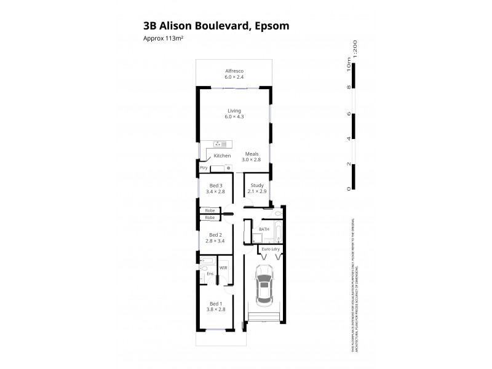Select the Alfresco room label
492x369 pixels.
tap(234, 74)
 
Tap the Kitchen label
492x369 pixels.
tap(222, 156)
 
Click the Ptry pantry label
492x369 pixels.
tap(203, 167)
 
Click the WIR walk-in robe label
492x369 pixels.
tap(223, 268)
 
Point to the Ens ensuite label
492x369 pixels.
tap(210, 273)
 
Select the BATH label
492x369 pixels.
tap(264, 229)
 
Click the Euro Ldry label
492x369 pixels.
tap(271, 249)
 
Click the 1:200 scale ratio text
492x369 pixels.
tap(355, 48)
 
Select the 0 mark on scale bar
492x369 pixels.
tap(349, 188)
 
